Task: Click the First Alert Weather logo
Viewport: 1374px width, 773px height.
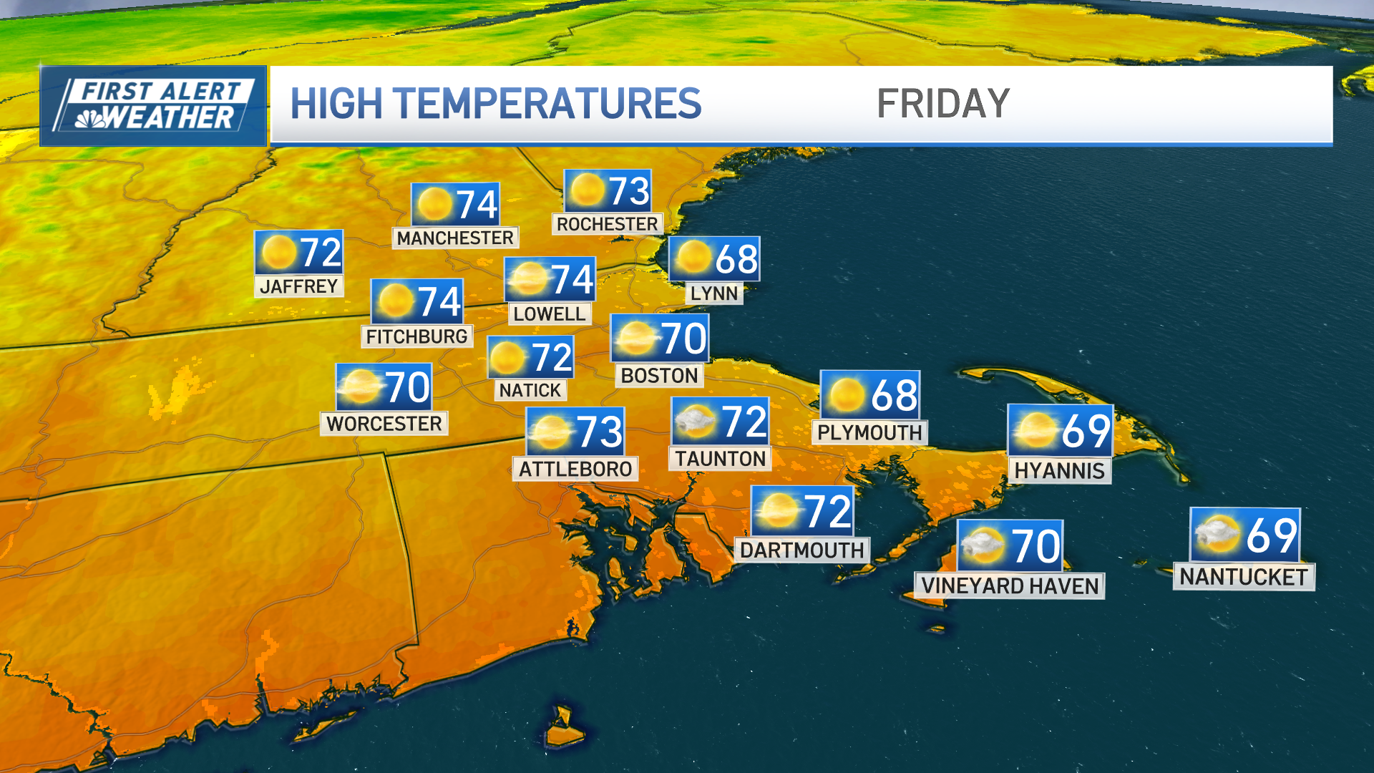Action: pyautogui.click(x=153, y=106)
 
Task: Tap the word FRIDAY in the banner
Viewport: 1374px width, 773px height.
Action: pyautogui.click(x=942, y=104)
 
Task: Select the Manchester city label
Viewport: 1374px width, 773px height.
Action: pyautogui.click(x=455, y=238)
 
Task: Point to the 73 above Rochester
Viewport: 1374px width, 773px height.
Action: pyautogui.click(x=629, y=191)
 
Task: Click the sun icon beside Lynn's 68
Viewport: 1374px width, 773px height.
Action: pyautogui.click(x=693, y=258)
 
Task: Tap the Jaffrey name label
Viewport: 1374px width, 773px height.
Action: pyautogui.click(x=299, y=286)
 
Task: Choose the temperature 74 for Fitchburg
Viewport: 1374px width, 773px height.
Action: pyautogui.click(x=439, y=301)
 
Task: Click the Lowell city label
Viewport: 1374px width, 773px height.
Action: pyautogui.click(x=549, y=313)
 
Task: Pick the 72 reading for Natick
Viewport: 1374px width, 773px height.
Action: pyautogui.click(x=551, y=357)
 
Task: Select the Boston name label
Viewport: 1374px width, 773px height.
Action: pyautogui.click(x=659, y=375)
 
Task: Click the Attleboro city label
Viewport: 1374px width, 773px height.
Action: pyautogui.click(x=575, y=469)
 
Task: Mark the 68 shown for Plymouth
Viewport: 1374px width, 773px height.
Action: pyautogui.click(x=894, y=395)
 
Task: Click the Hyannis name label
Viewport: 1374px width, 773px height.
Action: pyautogui.click(x=1059, y=470)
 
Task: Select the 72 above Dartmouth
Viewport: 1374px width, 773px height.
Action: pyautogui.click(x=828, y=512)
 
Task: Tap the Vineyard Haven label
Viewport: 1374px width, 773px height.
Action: pyautogui.click(x=1010, y=585)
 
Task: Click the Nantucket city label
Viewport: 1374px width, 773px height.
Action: pyautogui.click(x=1244, y=576)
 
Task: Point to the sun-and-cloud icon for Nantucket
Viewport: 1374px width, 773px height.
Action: pyautogui.click(x=1217, y=535)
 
